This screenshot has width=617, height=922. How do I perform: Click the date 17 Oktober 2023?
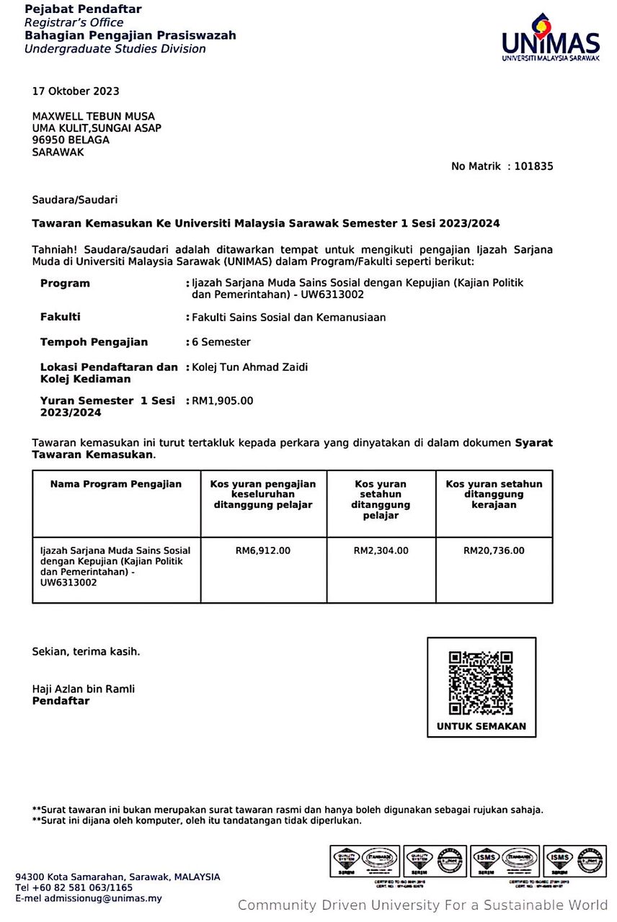point(76,91)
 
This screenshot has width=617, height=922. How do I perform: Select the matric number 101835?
point(534,166)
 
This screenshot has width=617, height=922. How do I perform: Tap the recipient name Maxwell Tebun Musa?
point(94,117)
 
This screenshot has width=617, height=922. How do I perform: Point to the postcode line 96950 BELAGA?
point(71,140)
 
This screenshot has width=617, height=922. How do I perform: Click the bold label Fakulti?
point(61,317)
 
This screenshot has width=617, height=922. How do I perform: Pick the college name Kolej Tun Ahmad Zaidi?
point(249,367)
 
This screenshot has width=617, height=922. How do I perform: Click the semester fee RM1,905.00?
point(222,400)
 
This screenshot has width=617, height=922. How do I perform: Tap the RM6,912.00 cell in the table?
point(263,551)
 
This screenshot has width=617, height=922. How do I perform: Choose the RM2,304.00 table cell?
point(381,551)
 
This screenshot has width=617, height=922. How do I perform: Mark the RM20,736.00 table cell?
point(494,551)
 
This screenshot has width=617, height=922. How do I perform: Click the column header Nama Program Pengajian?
point(116,484)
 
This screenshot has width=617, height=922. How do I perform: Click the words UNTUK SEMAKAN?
point(481,727)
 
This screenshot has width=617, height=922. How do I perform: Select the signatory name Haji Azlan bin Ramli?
point(84,689)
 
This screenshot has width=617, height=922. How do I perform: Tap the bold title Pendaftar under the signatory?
point(61,701)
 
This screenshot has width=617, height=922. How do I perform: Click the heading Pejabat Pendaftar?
point(83,9)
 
